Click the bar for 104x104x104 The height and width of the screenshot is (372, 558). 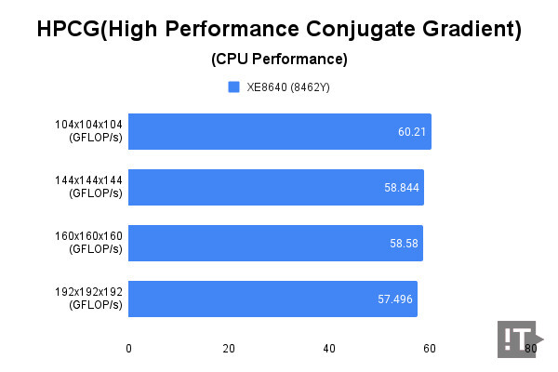click(x=279, y=131)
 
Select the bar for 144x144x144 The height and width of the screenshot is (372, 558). click(x=276, y=187)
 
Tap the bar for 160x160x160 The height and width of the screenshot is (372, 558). click(x=275, y=243)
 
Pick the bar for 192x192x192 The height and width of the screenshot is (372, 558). click(x=272, y=299)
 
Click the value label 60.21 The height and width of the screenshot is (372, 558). click(x=411, y=132)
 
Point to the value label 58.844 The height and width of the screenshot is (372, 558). click(x=402, y=188)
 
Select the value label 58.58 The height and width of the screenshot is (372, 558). click(x=405, y=244)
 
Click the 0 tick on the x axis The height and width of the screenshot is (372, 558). click(x=128, y=349)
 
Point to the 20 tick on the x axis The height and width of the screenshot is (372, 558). click(x=229, y=349)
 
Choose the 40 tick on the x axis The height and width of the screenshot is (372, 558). click(x=328, y=349)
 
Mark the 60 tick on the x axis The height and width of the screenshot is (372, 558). click(x=429, y=349)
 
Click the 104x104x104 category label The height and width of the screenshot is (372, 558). click(x=89, y=131)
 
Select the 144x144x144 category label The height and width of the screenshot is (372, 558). click(x=89, y=187)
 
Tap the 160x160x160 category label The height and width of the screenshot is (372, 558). click(x=89, y=243)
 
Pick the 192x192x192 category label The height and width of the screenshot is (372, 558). click(x=89, y=299)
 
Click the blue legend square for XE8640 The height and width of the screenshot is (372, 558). click(x=234, y=87)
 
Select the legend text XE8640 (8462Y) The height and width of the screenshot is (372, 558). click(x=288, y=87)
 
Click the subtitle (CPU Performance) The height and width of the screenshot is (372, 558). click(x=279, y=60)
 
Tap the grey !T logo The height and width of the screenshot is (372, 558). click(x=514, y=339)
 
